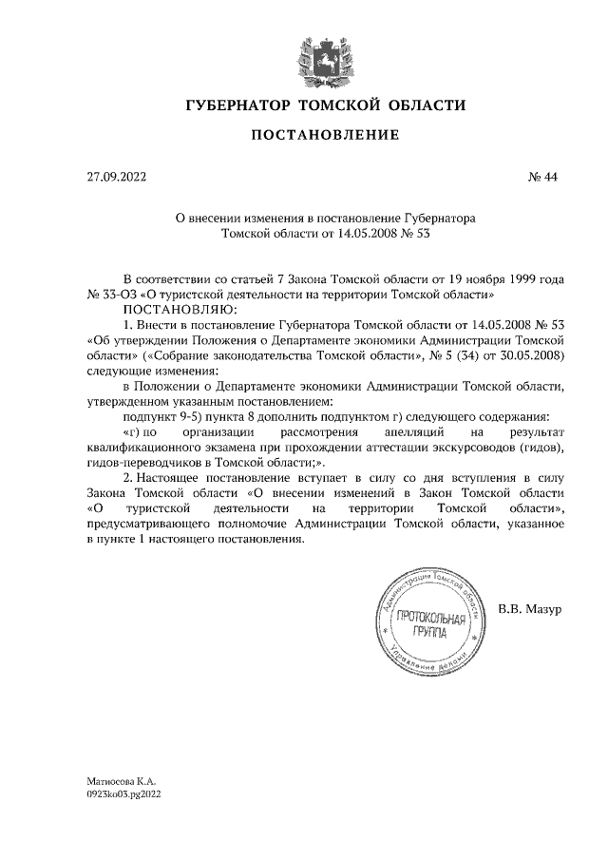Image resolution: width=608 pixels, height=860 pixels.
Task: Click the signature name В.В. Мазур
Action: click(x=530, y=608)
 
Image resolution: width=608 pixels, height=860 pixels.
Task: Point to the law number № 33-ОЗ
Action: click(x=115, y=295)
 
